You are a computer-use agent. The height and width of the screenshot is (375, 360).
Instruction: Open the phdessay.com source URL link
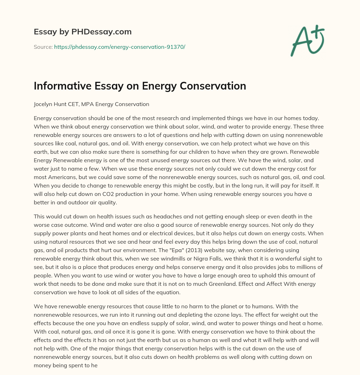coord(120,47)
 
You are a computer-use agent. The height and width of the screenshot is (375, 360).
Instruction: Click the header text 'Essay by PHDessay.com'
coord(83,32)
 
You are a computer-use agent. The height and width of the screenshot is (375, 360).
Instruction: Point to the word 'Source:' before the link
coord(43,47)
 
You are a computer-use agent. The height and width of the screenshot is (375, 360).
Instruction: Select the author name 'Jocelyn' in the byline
coord(43,104)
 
